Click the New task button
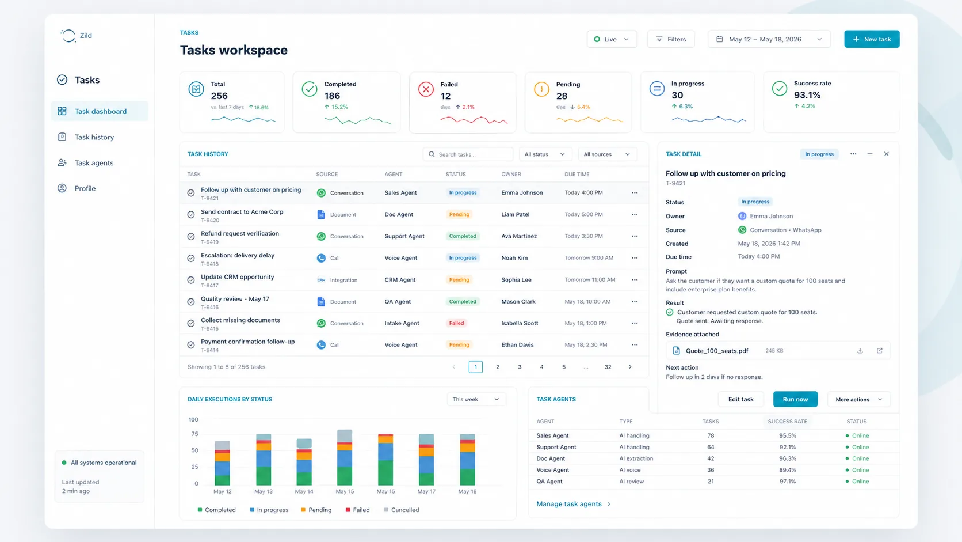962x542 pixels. [x=872, y=39]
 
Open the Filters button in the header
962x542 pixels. [x=671, y=39]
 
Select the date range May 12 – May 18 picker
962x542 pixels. [x=769, y=39]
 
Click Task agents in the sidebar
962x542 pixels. [x=94, y=163]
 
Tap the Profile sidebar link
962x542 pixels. [x=85, y=188]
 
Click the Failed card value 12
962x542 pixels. [x=446, y=96]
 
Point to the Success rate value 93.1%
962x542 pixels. [x=807, y=95]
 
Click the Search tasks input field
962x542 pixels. [x=472, y=154]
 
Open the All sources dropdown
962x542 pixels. [x=606, y=154]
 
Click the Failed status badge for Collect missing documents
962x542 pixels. [x=456, y=323]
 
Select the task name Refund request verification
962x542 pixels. [x=239, y=233]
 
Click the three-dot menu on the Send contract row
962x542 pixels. [x=635, y=214]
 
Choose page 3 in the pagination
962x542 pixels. [x=520, y=367]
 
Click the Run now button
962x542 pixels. [x=795, y=399]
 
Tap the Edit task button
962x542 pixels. [x=740, y=399]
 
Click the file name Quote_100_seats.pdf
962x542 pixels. [x=716, y=351]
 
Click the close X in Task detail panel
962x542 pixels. [x=886, y=154]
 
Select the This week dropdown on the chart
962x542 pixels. [x=476, y=399]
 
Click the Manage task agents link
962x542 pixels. [x=569, y=504]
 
